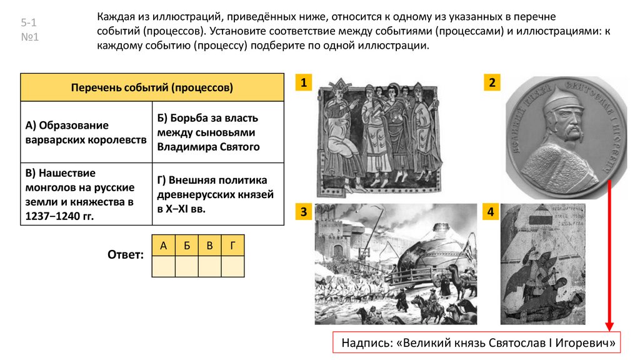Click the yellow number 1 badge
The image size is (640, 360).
click(304, 84)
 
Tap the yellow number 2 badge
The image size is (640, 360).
click(492, 84)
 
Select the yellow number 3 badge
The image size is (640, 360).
click(304, 213)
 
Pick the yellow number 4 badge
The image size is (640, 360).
click(492, 213)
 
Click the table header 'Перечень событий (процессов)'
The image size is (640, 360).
click(152, 88)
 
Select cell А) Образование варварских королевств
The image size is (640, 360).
click(86, 132)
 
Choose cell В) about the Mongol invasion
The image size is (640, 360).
click(86, 194)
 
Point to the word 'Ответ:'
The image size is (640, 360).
click(126, 254)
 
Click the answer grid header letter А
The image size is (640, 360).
click(163, 246)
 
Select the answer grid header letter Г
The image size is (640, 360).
click(232, 246)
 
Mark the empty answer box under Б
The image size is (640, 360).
click(186, 267)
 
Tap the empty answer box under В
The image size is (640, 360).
click(209, 267)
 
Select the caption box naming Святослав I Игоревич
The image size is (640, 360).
click(479, 343)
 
